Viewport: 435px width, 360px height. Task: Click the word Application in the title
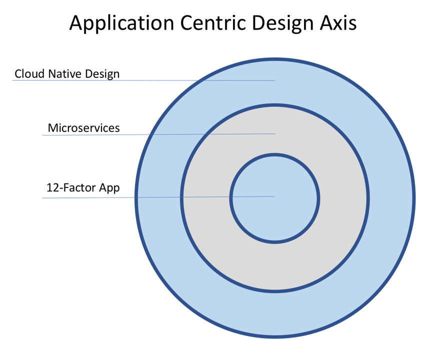122,23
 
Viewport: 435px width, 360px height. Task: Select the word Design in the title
282,23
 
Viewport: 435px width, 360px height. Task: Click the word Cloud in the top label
29,74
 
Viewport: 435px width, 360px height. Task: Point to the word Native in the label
65,74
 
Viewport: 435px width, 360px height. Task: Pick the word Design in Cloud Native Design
102,74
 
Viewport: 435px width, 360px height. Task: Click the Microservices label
84,128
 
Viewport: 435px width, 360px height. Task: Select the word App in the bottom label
109,188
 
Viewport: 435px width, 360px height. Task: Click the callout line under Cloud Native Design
143,80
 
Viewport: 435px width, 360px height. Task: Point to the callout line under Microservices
158,134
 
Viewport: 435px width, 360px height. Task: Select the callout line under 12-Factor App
158,197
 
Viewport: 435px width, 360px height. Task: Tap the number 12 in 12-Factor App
52,187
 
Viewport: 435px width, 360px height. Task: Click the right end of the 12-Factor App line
274,196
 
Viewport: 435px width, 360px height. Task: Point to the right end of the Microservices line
275,133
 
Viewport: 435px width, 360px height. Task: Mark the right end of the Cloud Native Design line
274,80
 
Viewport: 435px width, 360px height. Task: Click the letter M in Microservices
52,128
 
